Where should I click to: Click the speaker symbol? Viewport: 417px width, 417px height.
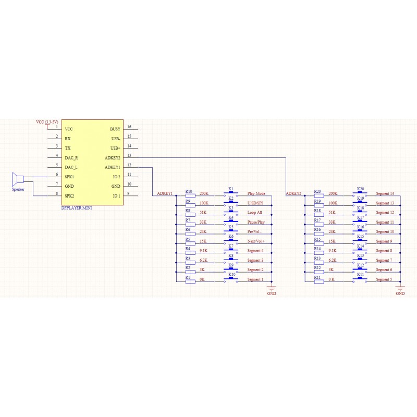18,179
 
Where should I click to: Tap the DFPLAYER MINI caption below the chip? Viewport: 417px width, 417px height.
77,208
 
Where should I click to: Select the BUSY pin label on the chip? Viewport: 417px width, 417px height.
115,129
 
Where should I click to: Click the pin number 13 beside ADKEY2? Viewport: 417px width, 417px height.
129,155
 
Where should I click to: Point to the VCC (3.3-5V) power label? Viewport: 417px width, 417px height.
47,122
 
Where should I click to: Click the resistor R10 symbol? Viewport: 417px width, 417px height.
190,196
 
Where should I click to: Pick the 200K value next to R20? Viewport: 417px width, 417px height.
333,193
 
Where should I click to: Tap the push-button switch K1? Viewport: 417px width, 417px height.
231,193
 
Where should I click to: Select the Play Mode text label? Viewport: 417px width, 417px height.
256,193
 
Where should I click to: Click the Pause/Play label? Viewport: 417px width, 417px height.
256,222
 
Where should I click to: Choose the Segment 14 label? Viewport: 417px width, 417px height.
385,193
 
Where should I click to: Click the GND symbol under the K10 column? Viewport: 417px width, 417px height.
272,288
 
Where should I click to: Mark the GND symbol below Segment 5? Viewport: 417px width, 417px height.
400,288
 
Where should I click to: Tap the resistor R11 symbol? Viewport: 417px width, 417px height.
319,281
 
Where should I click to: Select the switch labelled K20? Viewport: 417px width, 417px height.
360,193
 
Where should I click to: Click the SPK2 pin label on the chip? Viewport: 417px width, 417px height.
69,196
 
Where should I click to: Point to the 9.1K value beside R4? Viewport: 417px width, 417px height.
203,251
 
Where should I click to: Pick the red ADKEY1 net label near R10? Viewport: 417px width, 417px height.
165,193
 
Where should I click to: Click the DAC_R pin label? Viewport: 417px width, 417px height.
71,158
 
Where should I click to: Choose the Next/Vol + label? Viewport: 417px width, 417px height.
256,241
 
